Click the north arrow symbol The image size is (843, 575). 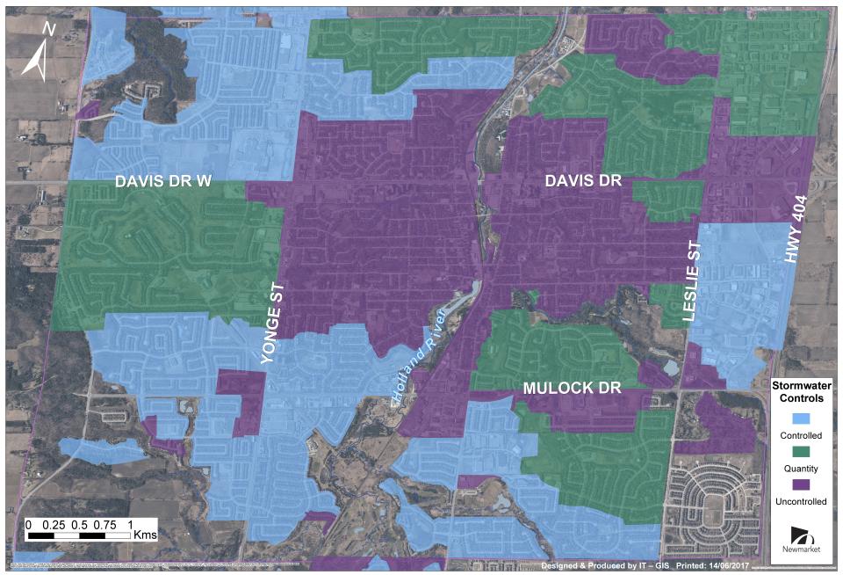tap(36, 61)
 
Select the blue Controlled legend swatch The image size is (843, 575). tap(800, 418)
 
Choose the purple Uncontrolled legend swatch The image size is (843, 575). tap(800, 484)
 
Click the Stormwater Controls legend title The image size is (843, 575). tap(800, 392)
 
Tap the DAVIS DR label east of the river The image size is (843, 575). tap(583, 180)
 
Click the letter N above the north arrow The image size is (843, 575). tap(49, 29)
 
